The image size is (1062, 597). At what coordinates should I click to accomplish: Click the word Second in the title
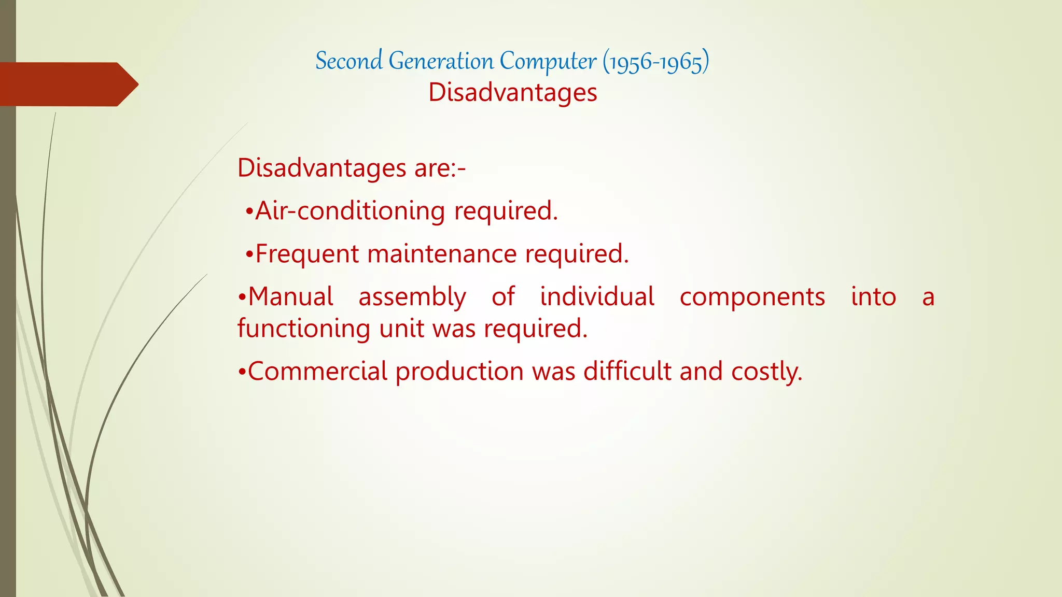tap(349, 61)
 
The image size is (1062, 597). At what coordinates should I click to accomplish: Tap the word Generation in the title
tap(441, 61)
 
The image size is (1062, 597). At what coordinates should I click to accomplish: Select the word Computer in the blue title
tap(548, 61)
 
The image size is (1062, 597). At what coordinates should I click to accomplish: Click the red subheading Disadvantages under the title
tap(512, 93)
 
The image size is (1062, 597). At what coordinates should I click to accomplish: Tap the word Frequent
tap(307, 254)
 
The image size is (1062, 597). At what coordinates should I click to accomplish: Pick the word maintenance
tap(442, 254)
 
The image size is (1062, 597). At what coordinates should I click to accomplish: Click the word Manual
tap(290, 297)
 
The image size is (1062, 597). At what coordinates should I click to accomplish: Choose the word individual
tap(597, 297)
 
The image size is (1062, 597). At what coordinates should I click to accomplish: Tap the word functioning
tap(304, 329)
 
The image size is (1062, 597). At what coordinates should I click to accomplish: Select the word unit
tap(401, 329)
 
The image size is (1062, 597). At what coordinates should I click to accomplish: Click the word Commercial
tap(317, 372)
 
